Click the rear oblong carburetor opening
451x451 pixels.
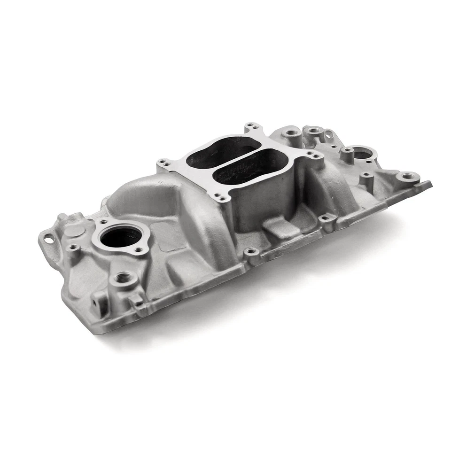pos(217,153)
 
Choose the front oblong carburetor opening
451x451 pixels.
pos(251,168)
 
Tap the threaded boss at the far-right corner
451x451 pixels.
pos(407,177)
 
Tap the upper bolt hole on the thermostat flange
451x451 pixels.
pos(103,222)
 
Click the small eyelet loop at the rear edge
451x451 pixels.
pos(328,134)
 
